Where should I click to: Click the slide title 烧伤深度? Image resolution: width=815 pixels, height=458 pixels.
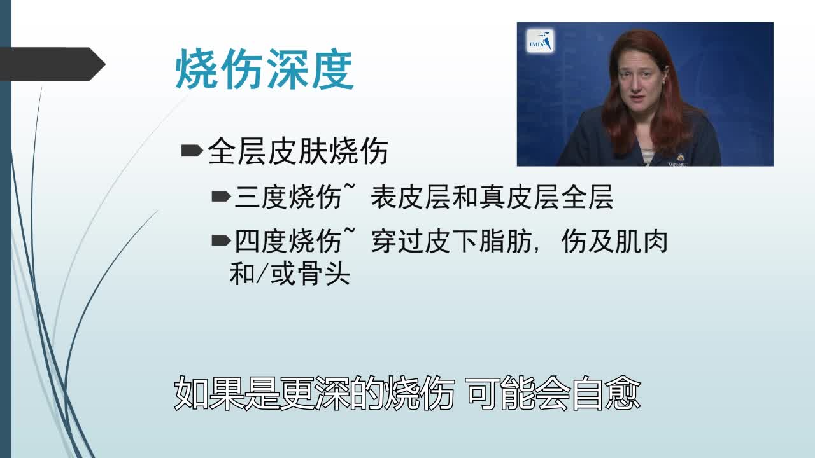click(264, 71)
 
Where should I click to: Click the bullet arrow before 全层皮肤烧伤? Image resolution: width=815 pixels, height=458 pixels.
click(191, 151)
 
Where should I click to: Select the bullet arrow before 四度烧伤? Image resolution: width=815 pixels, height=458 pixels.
click(221, 240)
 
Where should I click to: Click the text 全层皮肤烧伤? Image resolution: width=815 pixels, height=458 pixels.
click(298, 153)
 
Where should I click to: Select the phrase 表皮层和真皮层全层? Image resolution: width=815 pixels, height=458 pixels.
click(492, 198)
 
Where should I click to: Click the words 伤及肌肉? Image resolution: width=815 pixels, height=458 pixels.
click(614, 242)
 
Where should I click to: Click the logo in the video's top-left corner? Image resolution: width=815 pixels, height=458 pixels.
click(541, 41)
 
